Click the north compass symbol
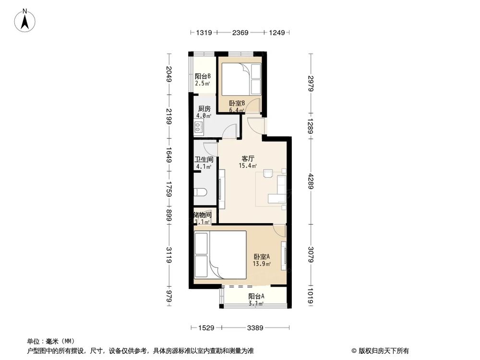click(x=27, y=20)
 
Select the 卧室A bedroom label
click(x=262, y=256)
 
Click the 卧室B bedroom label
click(x=237, y=103)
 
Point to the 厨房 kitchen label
click(x=204, y=109)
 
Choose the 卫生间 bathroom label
click(x=204, y=159)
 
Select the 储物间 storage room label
click(x=202, y=215)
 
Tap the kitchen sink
click(x=199, y=127)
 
